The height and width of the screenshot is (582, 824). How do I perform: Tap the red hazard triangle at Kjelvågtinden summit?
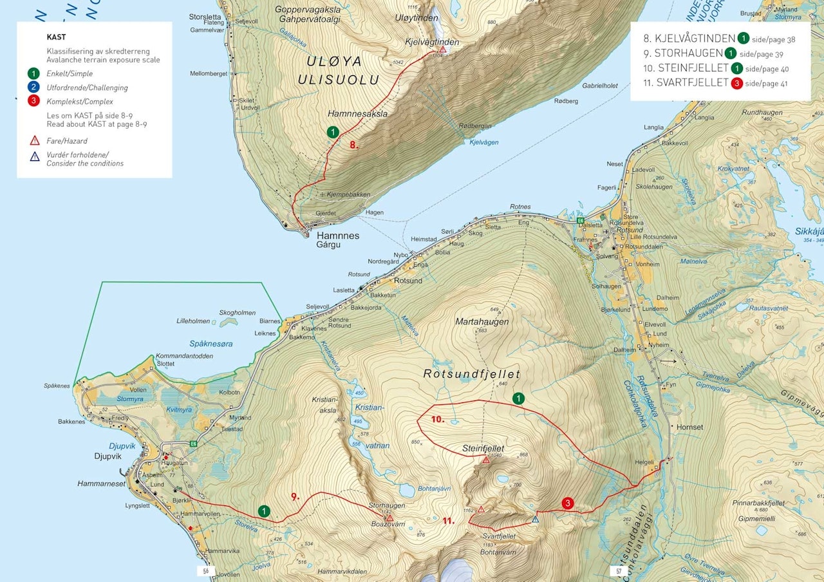(443, 49)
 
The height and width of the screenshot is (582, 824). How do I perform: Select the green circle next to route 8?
(333, 132)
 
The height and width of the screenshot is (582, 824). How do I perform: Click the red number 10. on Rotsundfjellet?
(438, 419)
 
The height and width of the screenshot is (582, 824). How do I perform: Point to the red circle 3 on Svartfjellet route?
(567, 503)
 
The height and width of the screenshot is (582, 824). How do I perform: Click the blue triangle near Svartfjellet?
(535, 520)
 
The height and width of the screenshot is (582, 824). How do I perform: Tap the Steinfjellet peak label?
(483, 448)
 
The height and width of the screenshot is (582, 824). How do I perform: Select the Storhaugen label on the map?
(387, 506)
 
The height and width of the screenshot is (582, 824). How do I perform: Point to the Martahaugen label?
(482, 321)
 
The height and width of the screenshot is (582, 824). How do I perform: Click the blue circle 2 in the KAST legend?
(34, 88)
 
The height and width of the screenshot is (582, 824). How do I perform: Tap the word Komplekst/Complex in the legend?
(79, 102)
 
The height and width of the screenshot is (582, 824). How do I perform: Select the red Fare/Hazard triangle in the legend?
(34, 140)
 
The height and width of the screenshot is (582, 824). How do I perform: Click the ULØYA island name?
(335, 62)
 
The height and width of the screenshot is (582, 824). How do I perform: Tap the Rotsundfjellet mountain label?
(471, 374)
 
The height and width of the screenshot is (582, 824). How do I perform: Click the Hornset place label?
(689, 427)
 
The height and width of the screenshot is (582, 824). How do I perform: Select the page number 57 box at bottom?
(618, 571)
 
